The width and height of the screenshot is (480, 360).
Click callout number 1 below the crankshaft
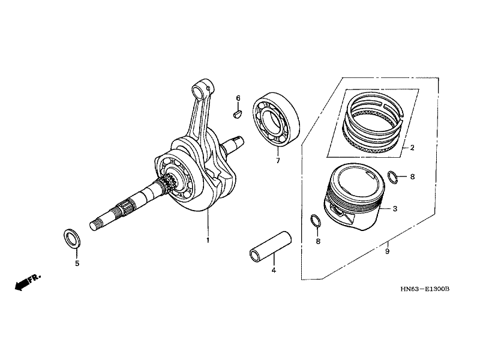click(x=208, y=240)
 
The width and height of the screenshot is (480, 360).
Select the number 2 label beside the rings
click(x=412, y=147)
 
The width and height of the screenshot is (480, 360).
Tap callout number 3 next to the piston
click(x=395, y=209)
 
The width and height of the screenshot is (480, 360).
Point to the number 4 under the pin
click(x=274, y=271)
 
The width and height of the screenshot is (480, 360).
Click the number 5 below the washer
click(x=76, y=263)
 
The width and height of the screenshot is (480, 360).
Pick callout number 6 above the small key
click(x=238, y=98)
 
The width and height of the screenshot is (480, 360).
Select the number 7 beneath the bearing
click(x=278, y=161)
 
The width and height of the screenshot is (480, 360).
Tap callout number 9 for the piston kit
click(x=387, y=251)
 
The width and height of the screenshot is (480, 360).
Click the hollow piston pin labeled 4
click(x=271, y=245)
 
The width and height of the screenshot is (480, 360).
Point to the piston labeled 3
click(x=355, y=198)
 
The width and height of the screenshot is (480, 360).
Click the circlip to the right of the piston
click(x=391, y=177)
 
